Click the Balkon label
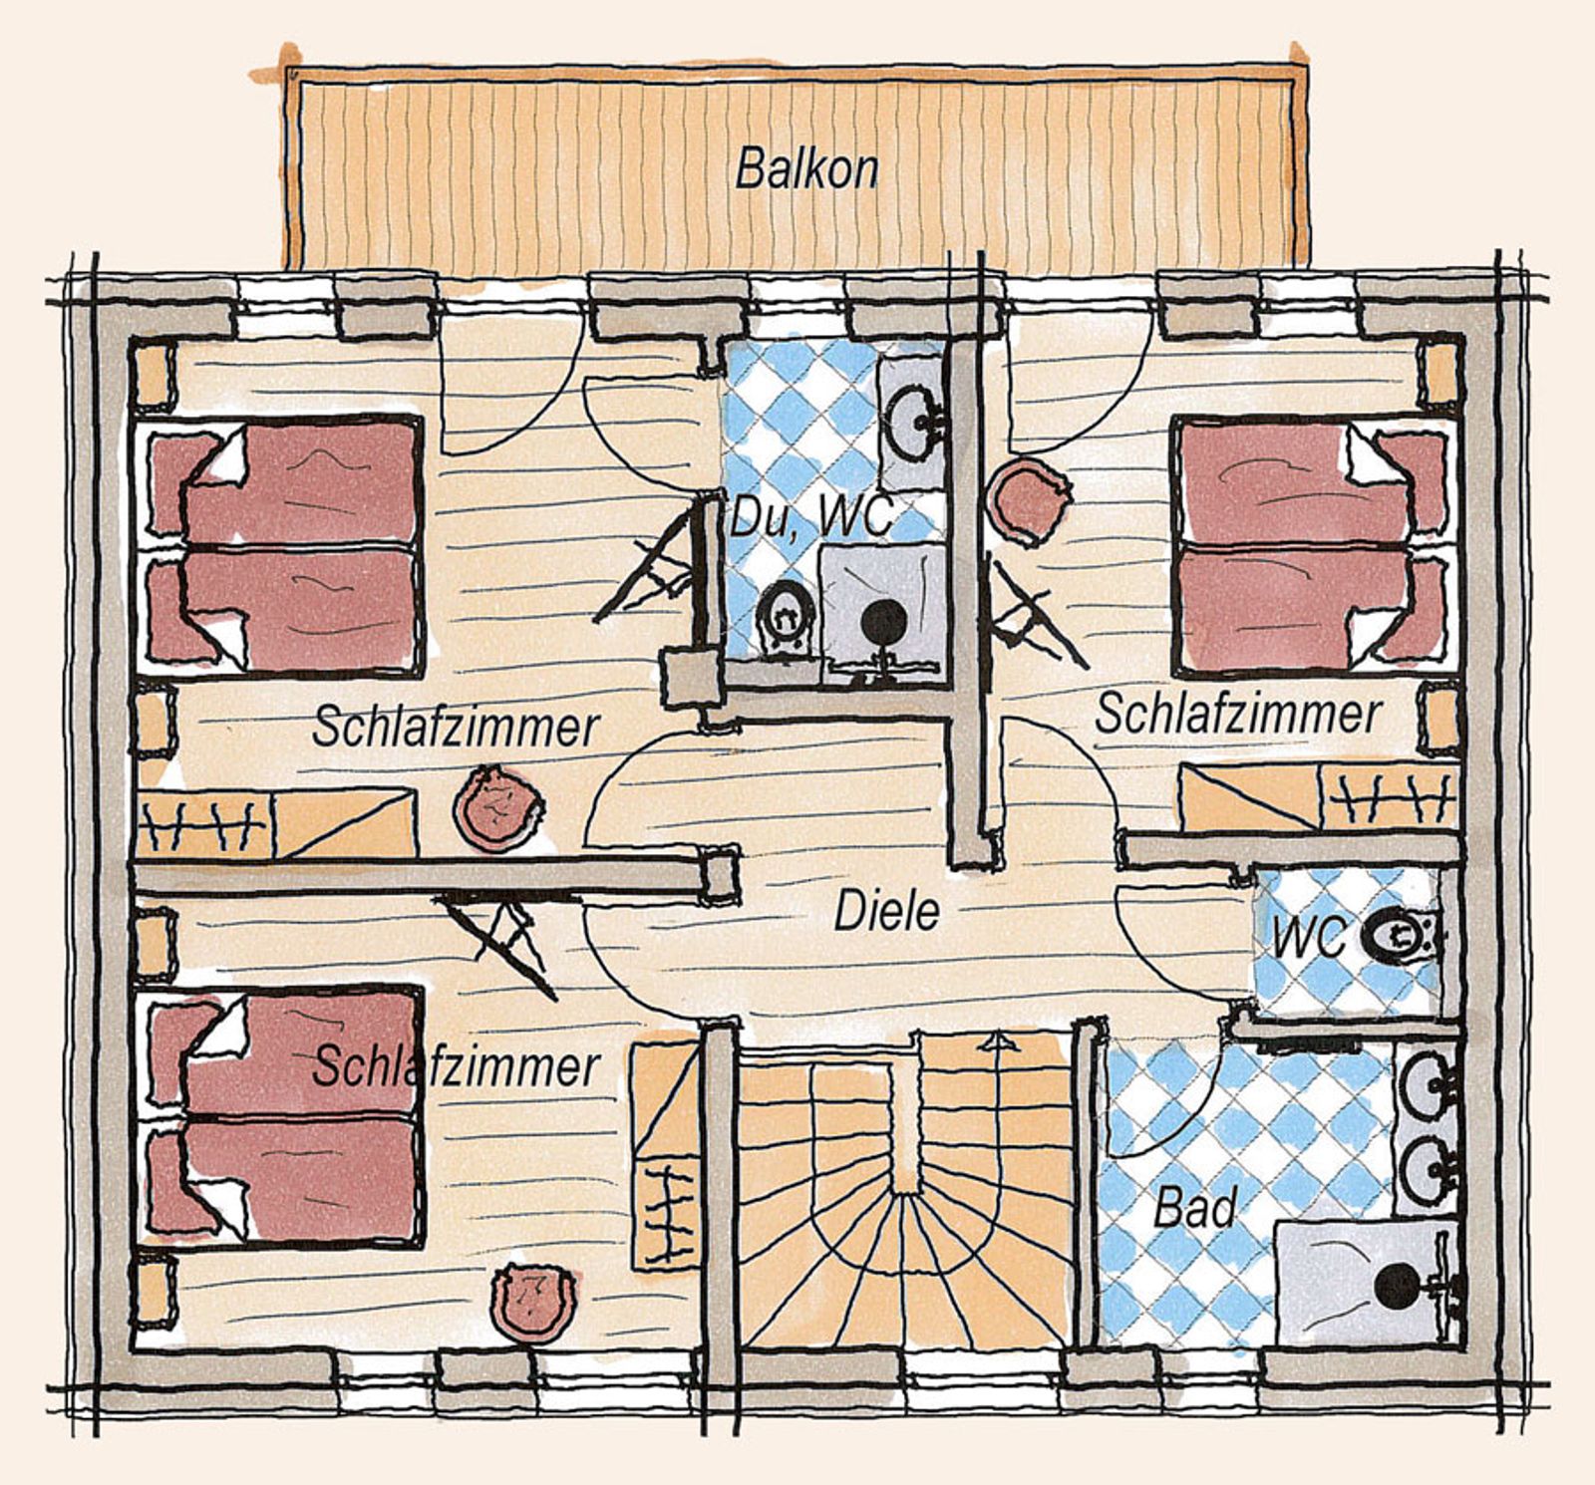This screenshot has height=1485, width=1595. click(x=806, y=169)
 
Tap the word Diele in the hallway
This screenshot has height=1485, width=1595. click(x=886, y=912)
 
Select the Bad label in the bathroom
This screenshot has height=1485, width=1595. click(x=1194, y=1208)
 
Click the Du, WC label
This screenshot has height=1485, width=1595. click(x=809, y=518)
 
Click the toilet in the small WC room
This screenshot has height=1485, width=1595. click(x=1396, y=937)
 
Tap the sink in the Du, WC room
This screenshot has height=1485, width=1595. click(x=911, y=411)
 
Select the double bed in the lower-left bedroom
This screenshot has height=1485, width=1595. click(x=283, y=1116)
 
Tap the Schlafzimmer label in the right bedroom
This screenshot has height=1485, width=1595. click(x=1238, y=715)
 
